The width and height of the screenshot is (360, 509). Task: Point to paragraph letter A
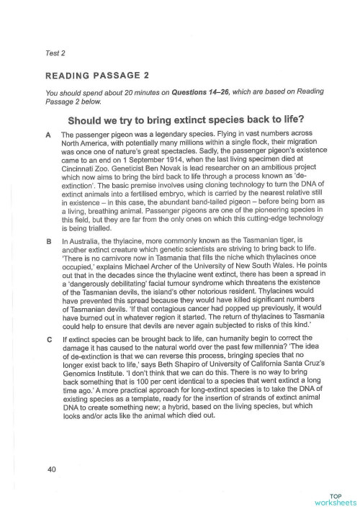48,135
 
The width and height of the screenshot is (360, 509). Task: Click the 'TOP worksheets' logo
336,497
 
